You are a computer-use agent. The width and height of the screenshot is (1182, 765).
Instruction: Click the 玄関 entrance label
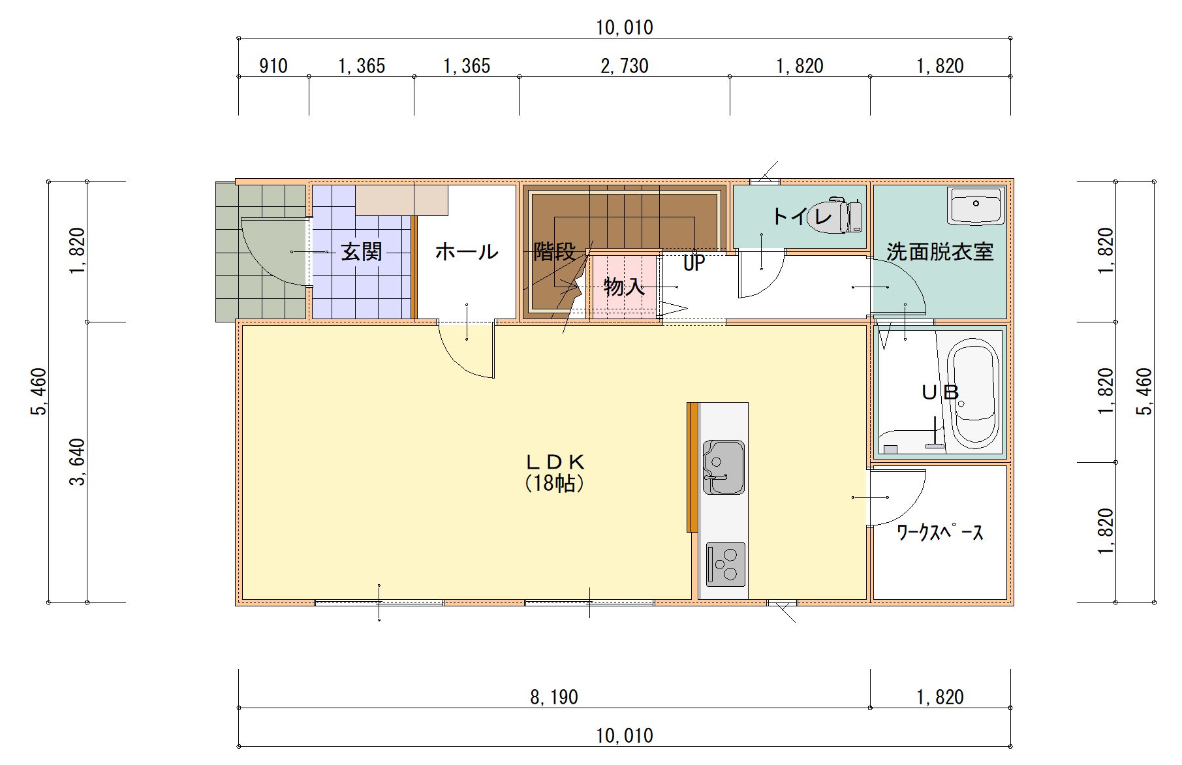pos(362,252)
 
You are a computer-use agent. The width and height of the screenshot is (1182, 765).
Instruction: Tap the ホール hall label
pos(466,251)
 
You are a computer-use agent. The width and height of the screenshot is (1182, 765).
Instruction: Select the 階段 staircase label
pos(555,251)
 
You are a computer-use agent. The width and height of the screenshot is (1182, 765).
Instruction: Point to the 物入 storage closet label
pos(625,287)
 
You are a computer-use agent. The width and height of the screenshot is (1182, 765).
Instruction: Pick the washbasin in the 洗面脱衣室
pos(976,206)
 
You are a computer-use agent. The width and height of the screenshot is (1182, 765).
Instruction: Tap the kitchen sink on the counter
pos(723,467)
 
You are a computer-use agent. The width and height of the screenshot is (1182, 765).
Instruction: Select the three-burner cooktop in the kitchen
pos(725,564)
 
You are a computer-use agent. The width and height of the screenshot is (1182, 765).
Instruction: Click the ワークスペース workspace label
pos(940,533)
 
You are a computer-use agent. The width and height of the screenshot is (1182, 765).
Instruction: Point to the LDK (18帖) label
pos(555,472)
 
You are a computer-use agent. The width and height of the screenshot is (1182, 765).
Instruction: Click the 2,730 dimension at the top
pos(625,66)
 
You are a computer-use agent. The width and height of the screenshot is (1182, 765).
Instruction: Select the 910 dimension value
pos(273,66)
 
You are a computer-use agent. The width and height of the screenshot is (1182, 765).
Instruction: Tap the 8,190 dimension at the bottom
pos(554,697)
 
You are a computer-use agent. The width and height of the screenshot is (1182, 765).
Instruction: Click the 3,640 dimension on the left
pos(78,462)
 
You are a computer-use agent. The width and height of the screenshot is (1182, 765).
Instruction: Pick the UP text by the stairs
pos(694,263)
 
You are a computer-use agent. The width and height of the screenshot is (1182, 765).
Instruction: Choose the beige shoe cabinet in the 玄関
pos(402,200)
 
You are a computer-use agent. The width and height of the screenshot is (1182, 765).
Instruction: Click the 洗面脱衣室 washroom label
pos(940,251)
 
